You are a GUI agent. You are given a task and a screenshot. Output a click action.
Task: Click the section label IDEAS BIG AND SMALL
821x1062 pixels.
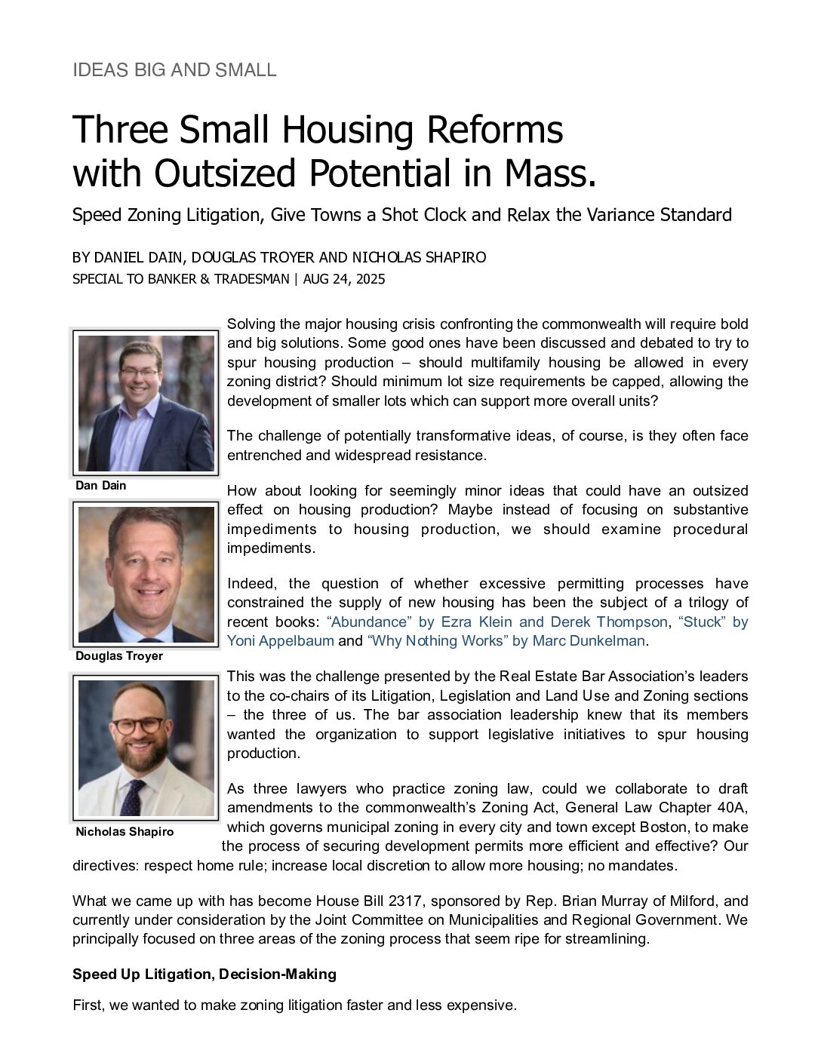click(x=174, y=70)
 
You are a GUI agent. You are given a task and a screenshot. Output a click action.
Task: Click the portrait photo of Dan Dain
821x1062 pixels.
click(x=146, y=403)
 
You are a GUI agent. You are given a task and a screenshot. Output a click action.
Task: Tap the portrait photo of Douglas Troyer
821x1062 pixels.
click(x=146, y=574)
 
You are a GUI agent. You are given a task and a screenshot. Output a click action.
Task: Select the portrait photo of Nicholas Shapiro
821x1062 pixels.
click(x=146, y=747)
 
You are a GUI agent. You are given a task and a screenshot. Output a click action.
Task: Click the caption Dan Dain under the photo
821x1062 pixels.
click(x=101, y=486)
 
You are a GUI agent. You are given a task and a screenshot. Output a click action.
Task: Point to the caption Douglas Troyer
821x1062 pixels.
click(x=119, y=656)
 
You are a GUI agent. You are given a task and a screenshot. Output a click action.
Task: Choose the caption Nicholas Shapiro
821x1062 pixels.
click(x=125, y=832)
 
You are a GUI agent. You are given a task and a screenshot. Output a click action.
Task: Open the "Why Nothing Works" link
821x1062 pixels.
click(x=506, y=641)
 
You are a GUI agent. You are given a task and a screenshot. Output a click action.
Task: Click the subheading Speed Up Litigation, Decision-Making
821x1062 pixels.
click(x=204, y=975)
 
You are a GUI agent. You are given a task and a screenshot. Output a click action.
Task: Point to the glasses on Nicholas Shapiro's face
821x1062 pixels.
click(x=137, y=725)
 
